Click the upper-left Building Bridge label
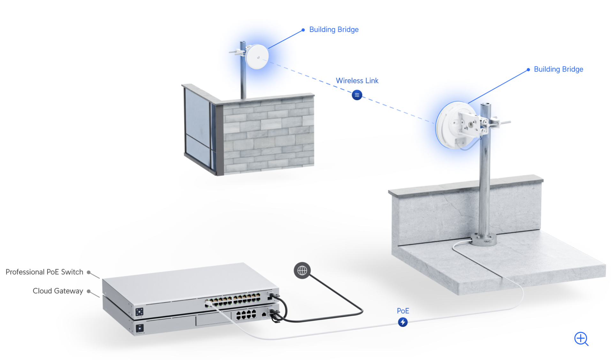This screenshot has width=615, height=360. tap(334, 30)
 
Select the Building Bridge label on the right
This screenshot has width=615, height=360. tap(558, 69)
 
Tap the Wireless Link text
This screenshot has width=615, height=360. tap(357, 81)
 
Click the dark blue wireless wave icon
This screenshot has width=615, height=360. tap(357, 95)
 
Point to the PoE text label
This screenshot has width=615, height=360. tap(403, 311)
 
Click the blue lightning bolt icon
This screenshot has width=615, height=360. tap(403, 322)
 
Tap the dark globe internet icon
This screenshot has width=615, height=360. tap(302, 271)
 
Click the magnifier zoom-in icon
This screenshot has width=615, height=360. tap(581, 339)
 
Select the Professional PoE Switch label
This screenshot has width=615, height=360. tap(44, 272)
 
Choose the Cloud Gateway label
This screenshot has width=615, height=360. tap(58, 291)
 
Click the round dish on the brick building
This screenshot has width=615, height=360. tap(257, 57)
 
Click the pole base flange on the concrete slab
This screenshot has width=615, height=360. tap(483, 239)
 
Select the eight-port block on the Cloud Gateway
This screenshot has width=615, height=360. tap(246, 315)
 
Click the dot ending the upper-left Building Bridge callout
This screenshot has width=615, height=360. tap(303, 30)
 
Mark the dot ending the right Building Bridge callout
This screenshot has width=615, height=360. tap(528, 70)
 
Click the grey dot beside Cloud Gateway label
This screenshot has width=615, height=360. tap(88, 291)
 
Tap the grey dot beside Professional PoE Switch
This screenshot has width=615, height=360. tap(88, 272)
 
